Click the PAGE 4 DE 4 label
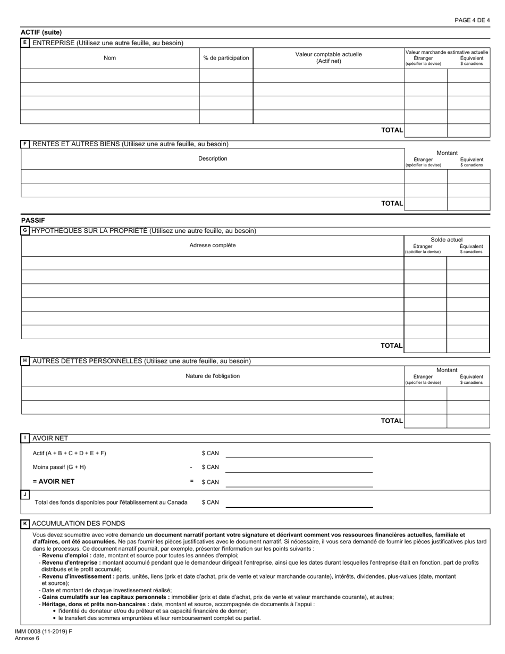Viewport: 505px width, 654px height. pos(472,20)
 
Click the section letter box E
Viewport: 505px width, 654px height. pos(25,43)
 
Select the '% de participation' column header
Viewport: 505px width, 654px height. pos(226,58)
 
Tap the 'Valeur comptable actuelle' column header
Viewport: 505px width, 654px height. pos(329,57)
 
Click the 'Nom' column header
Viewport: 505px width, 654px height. pos(110,58)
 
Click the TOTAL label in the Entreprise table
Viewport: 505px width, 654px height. pos(392,130)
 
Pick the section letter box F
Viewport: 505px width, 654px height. pos(25,144)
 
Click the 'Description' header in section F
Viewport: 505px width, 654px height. pos(213,158)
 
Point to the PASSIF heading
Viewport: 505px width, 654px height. pos(33,220)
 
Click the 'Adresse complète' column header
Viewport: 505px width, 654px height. pos(213,245)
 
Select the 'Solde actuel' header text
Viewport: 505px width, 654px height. pos(447,240)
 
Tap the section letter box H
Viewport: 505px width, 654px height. pos(25,360)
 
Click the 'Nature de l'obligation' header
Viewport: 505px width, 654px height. pos(213,376)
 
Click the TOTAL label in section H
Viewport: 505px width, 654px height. pos(392,421)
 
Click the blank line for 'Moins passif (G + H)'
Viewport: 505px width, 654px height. pos(299,467)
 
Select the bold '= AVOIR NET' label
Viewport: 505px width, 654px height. pos(54,481)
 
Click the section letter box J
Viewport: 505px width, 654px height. pos(25,494)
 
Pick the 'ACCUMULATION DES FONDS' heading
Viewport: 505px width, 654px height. pos(79,523)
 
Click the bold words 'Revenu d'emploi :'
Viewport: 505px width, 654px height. pos(66,555)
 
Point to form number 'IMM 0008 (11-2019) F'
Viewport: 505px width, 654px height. pos(44,632)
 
